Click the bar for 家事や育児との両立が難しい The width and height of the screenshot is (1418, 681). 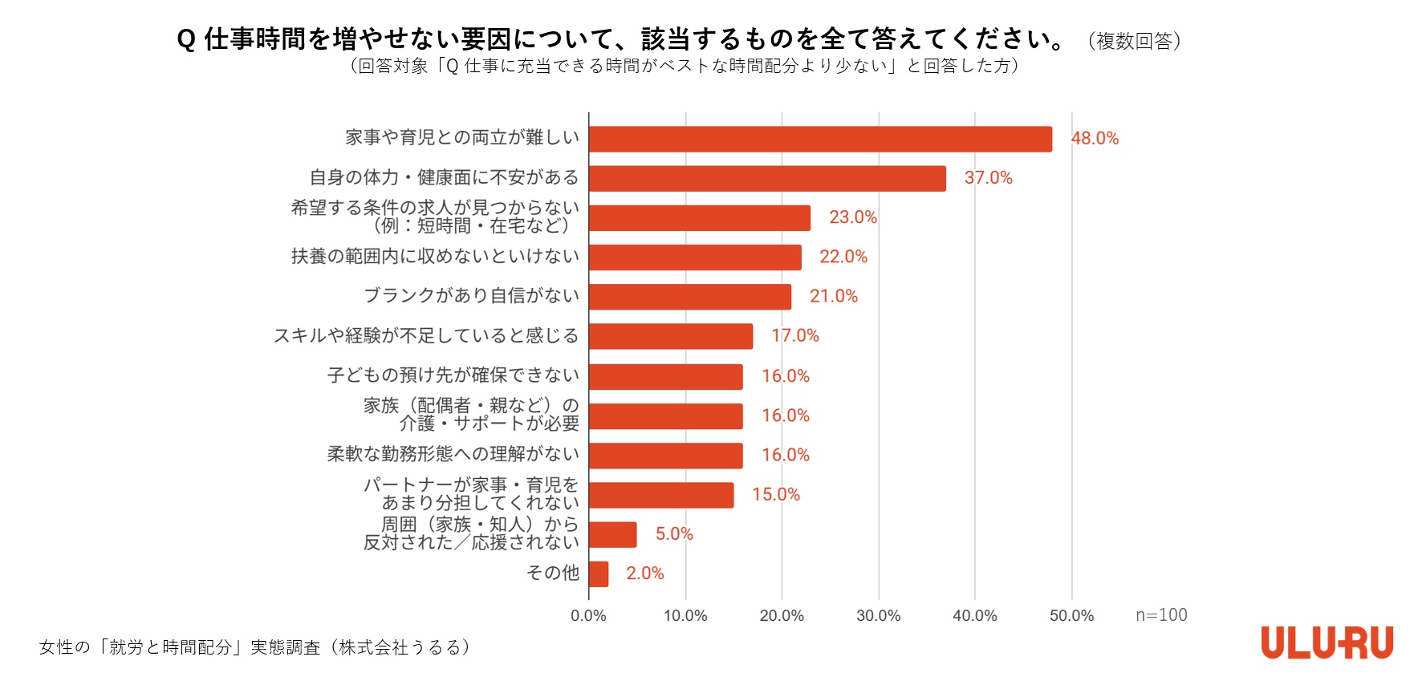click(x=820, y=139)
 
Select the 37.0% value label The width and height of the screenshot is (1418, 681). click(x=988, y=178)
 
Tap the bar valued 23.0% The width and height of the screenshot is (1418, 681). click(x=699, y=218)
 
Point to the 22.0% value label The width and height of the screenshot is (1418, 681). click(x=843, y=257)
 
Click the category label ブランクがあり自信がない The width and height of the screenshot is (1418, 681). click(x=471, y=296)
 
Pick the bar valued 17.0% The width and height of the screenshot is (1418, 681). click(x=670, y=336)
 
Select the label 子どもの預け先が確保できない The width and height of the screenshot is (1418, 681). click(x=453, y=375)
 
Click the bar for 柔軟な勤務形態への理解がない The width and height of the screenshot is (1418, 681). click(x=665, y=456)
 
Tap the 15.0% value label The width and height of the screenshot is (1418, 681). click(x=775, y=495)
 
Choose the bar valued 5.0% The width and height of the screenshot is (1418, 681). click(x=612, y=535)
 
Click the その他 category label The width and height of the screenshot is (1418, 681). click(x=552, y=573)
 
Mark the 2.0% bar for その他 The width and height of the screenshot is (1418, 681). click(x=598, y=574)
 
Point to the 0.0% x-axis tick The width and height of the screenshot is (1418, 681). click(x=588, y=616)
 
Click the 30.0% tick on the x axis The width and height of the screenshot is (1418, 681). click(x=878, y=616)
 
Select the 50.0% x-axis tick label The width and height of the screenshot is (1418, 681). click(x=1071, y=616)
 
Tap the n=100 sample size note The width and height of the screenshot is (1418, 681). click(x=1161, y=615)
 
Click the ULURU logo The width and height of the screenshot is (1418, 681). click(x=1327, y=643)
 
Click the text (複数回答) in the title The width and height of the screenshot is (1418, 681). click(x=1134, y=41)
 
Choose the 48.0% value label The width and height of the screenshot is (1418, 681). click(x=1095, y=139)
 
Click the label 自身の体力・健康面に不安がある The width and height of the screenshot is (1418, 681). click(x=444, y=177)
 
